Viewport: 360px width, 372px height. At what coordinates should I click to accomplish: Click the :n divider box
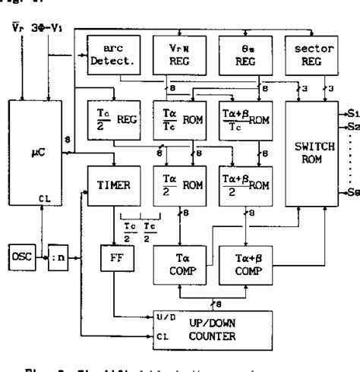(58, 255)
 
